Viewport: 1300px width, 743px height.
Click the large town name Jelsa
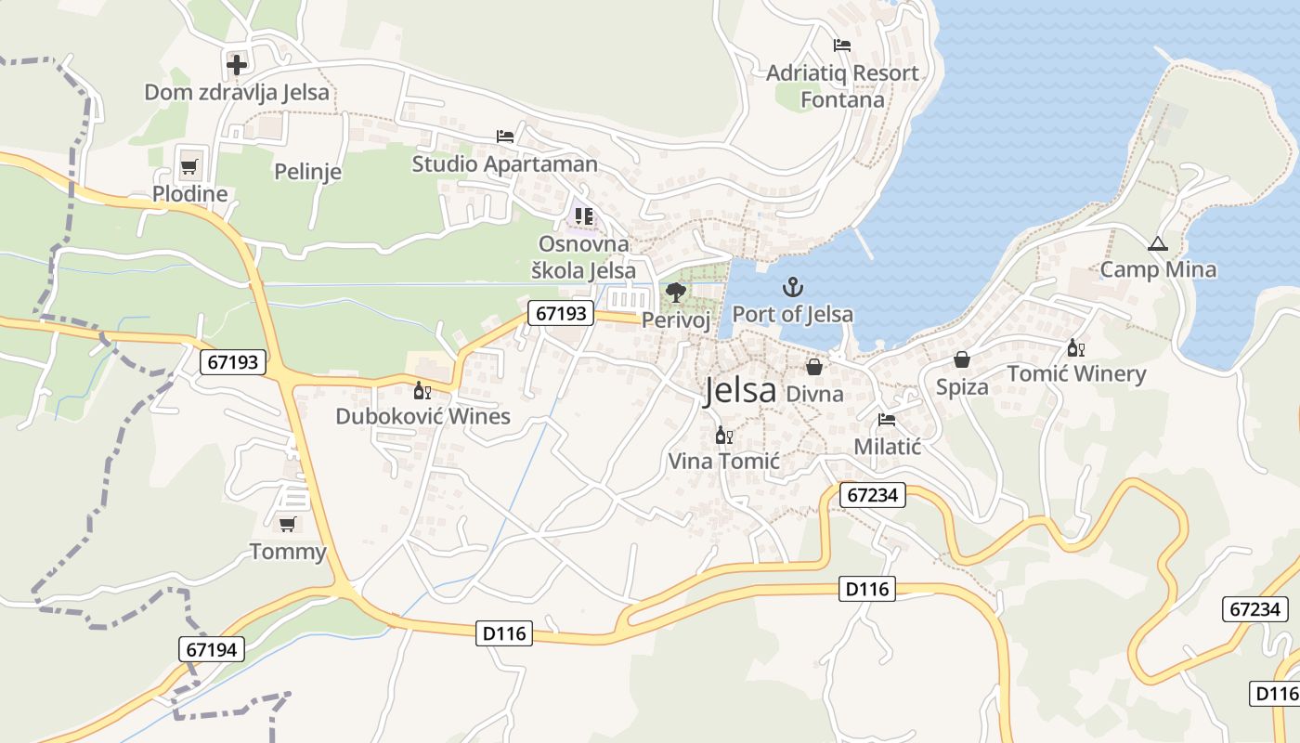pyautogui.click(x=739, y=391)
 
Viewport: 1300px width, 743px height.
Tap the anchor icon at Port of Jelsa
pyautogui.click(x=792, y=287)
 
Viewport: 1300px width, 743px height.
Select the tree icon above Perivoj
pyautogui.click(x=676, y=293)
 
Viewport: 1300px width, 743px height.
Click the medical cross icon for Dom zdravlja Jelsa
pyautogui.click(x=237, y=64)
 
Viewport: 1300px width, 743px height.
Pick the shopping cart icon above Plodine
pyautogui.click(x=189, y=167)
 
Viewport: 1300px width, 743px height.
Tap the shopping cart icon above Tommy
pyautogui.click(x=288, y=525)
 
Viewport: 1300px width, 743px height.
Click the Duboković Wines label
pyautogui.click(x=422, y=416)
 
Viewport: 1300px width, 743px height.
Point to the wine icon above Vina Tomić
pyautogui.click(x=724, y=435)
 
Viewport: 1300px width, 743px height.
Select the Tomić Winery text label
pyautogui.click(x=1077, y=374)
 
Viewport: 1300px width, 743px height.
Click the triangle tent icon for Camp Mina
pyautogui.click(x=1157, y=244)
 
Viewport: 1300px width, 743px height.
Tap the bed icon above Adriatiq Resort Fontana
pyautogui.click(x=842, y=45)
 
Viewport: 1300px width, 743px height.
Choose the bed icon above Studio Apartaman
pyautogui.click(x=504, y=137)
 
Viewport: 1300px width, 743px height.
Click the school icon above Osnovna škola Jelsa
pyautogui.click(x=583, y=216)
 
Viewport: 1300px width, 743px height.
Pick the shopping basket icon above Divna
pyautogui.click(x=814, y=367)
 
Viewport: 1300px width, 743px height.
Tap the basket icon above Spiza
pyautogui.click(x=962, y=359)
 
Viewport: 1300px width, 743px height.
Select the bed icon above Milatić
pyautogui.click(x=887, y=420)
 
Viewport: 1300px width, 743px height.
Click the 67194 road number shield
pyautogui.click(x=212, y=649)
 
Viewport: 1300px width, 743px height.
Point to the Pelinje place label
pyautogui.click(x=308, y=172)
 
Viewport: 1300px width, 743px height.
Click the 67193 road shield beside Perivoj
pyautogui.click(x=562, y=313)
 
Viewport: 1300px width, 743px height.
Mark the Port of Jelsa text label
pyautogui.click(x=792, y=314)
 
